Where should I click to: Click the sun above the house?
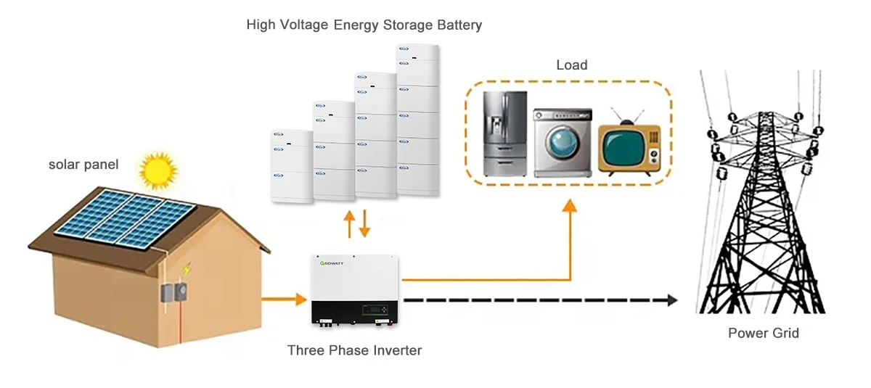[x=158, y=170]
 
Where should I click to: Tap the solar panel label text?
[x=83, y=165]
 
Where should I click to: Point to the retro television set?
[x=629, y=147]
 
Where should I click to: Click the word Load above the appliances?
[x=571, y=65]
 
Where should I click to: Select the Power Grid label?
[x=763, y=334]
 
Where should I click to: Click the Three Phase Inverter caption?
[x=354, y=350]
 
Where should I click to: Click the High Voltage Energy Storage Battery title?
[x=364, y=25]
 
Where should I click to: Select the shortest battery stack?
[x=291, y=165]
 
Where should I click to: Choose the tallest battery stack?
[x=417, y=120]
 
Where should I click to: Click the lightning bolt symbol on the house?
[x=187, y=268]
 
